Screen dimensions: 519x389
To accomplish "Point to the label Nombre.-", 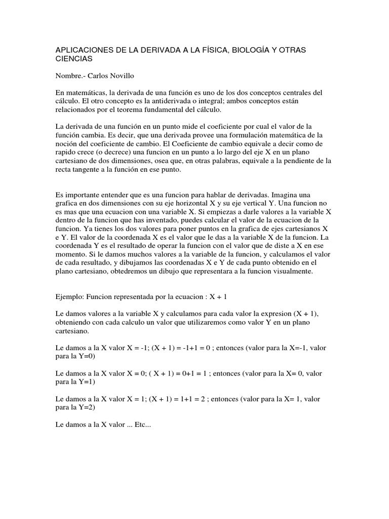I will (x=70, y=76).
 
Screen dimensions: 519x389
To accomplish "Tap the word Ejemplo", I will (x=69, y=297).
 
